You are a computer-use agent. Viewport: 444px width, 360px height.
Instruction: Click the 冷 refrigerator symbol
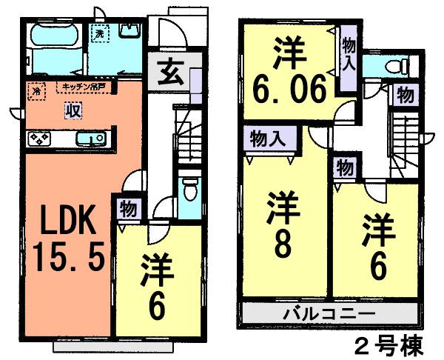[x=36, y=90]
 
